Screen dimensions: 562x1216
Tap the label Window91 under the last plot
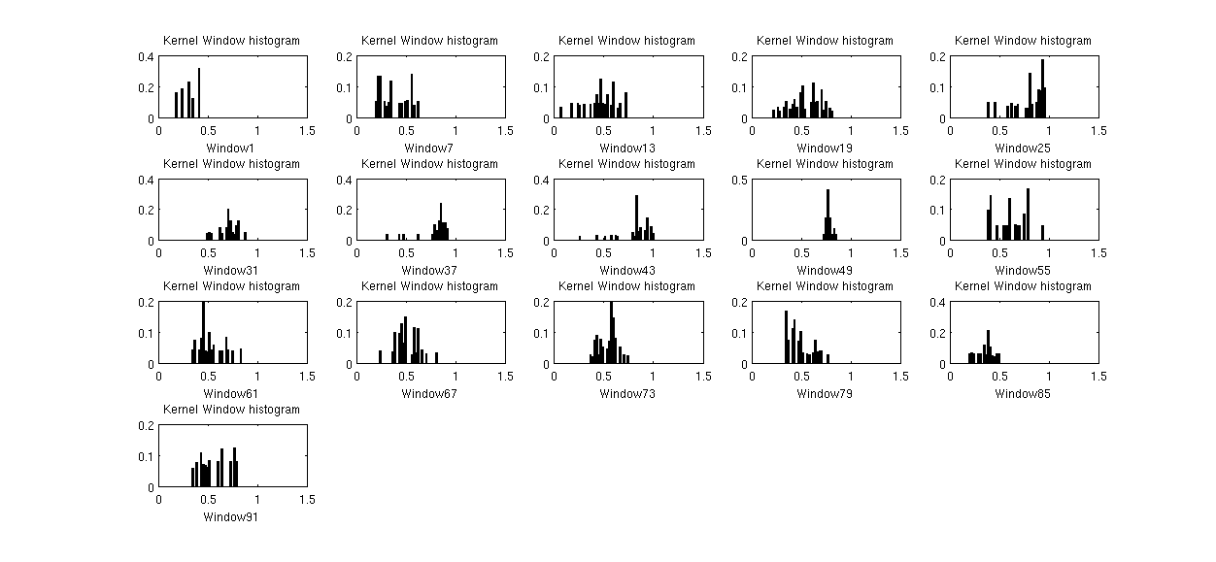[230, 517]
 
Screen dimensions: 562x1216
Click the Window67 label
[428, 394]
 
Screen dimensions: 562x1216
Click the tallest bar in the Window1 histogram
[199, 94]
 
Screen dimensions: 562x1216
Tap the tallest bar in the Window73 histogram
[611, 333]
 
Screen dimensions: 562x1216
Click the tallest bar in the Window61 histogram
[203, 333]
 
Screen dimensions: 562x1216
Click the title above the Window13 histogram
[626, 41]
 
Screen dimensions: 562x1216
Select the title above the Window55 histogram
[1022, 164]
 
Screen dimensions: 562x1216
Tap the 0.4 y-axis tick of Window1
[147, 56]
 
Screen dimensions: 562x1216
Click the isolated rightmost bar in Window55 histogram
[1042, 234]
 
